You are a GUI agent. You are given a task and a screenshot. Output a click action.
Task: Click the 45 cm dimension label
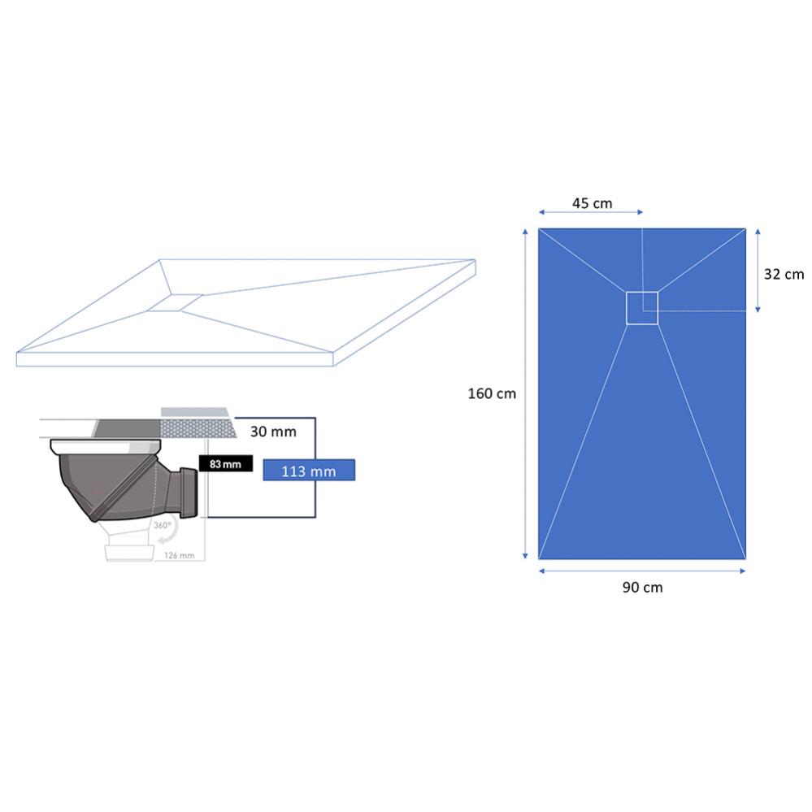tap(592, 203)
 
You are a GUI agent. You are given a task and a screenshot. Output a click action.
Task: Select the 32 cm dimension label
tap(784, 274)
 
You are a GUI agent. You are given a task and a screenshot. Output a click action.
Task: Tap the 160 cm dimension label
tap(492, 393)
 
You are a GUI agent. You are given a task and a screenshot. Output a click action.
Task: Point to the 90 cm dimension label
tap(642, 587)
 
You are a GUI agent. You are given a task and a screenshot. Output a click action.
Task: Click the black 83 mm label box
tap(226, 463)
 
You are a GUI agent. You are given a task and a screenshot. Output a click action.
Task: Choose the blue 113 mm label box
tap(309, 471)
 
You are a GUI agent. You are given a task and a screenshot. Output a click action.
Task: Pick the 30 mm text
tap(273, 432)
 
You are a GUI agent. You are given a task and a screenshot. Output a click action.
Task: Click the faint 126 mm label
tap(179, 555)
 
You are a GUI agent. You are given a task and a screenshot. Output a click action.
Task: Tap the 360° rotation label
tap(162, 525)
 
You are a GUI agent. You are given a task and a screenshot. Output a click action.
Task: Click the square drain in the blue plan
tap(642, 308)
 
